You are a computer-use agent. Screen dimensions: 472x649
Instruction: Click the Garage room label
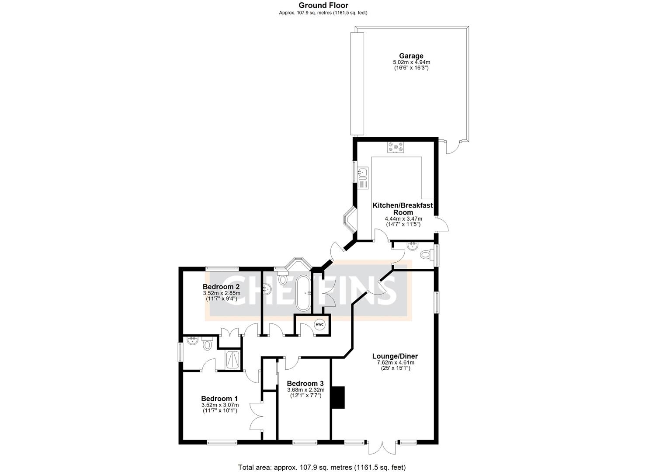[x=411, y=56]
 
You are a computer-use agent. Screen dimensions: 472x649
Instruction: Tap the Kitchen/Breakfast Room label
[x=402, y=208]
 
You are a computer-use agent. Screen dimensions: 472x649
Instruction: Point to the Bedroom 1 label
[x=219, y=399]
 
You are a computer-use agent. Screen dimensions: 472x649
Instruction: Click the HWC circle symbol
[x=319, y=325]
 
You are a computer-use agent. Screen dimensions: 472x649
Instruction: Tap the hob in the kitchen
[x=396, y=148]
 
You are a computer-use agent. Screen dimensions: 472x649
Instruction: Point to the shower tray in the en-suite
[x=232, y=359]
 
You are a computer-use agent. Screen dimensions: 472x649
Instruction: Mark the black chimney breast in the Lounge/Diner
[x=338, y=397]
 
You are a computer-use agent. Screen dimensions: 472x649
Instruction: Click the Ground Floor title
[x=323, y=5]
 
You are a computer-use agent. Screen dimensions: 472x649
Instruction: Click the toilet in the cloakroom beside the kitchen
[x=425, y=254]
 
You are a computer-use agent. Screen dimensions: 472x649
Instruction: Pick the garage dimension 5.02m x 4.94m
[x=411, y=62]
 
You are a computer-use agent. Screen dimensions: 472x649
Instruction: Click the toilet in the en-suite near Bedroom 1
[x=207, y=345]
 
